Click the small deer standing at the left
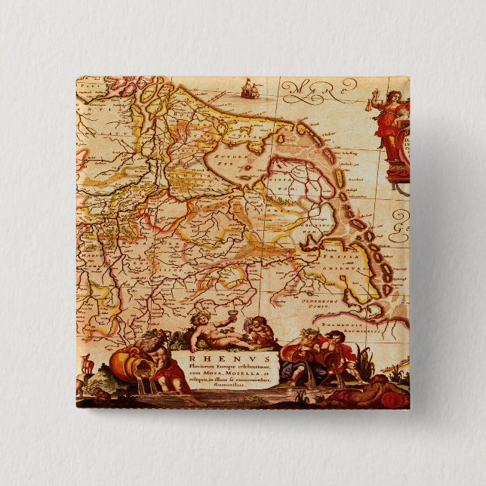[88, 364]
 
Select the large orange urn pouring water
[124, 364]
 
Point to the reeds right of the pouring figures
[365, 361]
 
